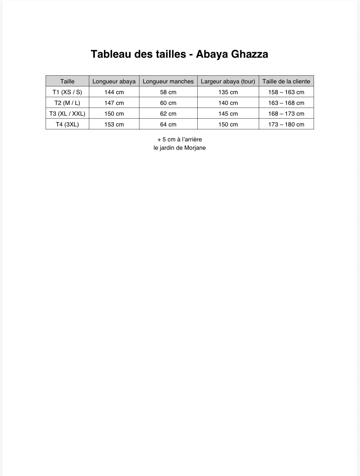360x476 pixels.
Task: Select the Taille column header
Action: (67, 81)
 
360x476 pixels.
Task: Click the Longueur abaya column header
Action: (114, 81)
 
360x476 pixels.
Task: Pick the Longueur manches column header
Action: (168, 81)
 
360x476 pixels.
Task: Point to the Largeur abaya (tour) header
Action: (228, 81)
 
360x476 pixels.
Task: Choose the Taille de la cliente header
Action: (286, 81)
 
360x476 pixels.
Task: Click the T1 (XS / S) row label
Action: (67, 92)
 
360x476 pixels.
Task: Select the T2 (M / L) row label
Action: (67, 103)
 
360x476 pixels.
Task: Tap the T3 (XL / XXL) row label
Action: (67, 114)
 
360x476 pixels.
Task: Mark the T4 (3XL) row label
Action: (67, 124)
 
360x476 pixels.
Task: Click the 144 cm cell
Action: (114, 92)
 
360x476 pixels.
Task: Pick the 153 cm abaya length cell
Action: (114, 124)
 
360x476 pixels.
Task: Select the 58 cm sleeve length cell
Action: (168, 92)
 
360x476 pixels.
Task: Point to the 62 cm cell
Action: (168, 114)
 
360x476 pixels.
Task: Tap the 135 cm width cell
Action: (228, 92)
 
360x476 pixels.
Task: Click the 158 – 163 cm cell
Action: (286, 92)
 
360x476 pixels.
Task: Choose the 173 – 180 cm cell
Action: (286, 124)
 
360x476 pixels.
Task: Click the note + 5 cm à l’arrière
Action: (180, 139)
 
